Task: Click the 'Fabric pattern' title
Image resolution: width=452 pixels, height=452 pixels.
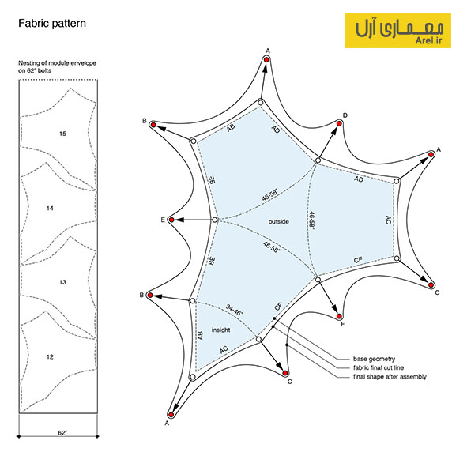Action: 52,24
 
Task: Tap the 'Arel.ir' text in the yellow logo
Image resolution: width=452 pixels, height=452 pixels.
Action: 428,40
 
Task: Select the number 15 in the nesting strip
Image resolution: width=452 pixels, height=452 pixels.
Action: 63,134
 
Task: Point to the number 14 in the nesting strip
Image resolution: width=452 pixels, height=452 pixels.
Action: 50,208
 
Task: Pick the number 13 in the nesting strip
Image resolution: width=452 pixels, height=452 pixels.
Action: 63,282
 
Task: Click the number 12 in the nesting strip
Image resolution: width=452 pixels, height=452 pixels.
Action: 50,357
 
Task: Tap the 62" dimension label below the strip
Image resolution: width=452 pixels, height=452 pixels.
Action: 62,433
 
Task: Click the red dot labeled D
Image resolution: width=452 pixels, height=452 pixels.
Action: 339,123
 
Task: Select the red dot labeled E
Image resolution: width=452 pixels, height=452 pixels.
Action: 171,220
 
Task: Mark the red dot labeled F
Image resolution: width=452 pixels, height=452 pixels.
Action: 339,317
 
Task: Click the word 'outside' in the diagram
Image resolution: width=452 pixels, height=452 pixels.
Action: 278,222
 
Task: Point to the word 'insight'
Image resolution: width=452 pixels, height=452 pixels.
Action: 220,330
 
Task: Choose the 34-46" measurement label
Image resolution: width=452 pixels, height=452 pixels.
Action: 235,310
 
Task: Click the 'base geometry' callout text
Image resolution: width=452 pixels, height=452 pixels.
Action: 374,359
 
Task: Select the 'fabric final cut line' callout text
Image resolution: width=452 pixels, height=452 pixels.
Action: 379,367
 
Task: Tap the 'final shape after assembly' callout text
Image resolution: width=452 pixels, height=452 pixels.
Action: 390,376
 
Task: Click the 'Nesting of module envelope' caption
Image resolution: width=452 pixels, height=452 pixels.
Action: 58,63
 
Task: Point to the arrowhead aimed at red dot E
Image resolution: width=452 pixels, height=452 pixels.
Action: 179,220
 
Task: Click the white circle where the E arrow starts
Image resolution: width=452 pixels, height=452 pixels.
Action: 215,220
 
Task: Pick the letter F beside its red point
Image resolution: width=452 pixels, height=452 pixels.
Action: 343,324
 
